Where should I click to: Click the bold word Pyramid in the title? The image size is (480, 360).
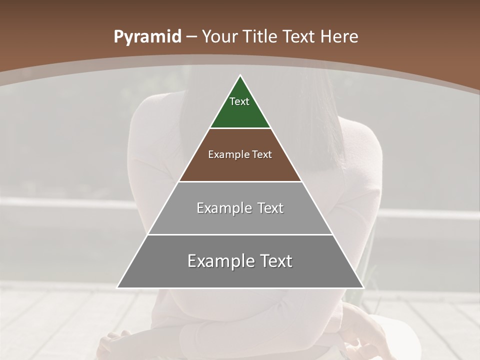pyautogui.click(x=147, y=36)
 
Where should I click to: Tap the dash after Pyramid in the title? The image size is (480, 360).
pyautogui.click(x=192, y=37)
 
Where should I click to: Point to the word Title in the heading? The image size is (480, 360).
pyautogui.click(x=261, y=36)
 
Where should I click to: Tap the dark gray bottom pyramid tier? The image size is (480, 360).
pyautogui.click(x=240, y=275)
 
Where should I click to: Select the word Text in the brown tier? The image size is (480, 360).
pyautogui.click(x=262, y=154)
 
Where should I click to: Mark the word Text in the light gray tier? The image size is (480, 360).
pyautogui.click(x=271, y=208)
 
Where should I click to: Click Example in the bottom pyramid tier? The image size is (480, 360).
pyautogui.click(x=220, y=261)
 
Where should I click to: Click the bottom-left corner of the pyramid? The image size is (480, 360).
pyautogui.click(x=118, y=287)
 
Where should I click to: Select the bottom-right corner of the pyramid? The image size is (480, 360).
pyautogui.click(x=362, y=287)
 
